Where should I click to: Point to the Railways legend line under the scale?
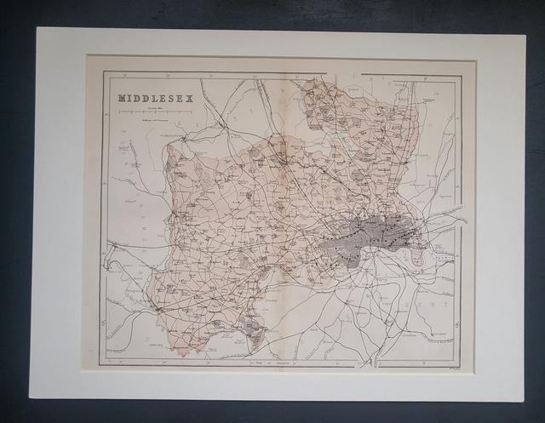153,120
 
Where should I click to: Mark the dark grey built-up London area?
366,234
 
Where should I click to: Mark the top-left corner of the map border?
103,73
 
